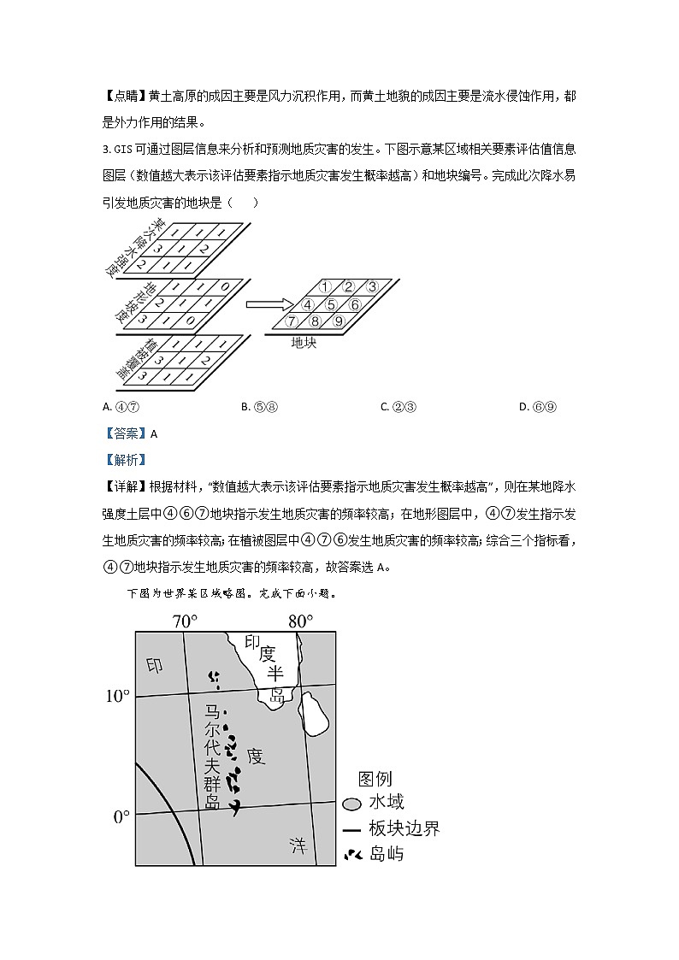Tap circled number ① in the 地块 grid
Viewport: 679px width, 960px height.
[325, 286]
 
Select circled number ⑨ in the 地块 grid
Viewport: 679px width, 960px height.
[338, 321]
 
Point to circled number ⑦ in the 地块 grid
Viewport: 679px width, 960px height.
[292, 321]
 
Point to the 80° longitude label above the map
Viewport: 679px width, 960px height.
[300, 621]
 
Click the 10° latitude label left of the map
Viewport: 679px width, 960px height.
[117, 697]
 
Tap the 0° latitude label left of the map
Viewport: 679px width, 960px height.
[121, 816]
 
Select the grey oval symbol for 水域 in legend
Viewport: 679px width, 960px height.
[351, 804]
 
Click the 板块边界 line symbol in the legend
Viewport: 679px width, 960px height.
[351, 828]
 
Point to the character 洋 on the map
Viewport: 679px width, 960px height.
[297, 845]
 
